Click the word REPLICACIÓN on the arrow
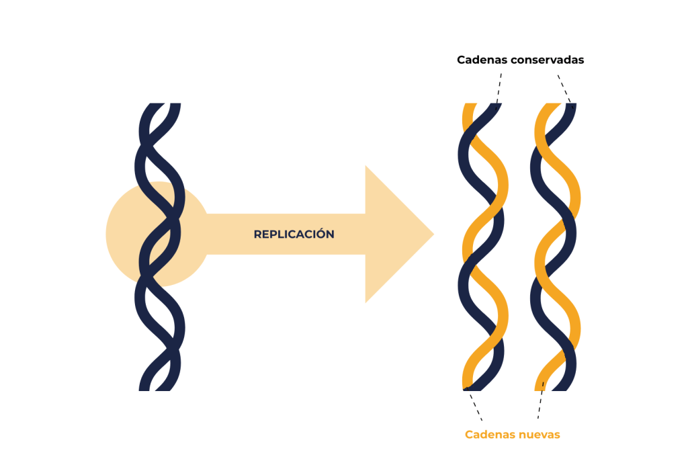[x=294, y=234]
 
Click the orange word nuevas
[x=538, y=435]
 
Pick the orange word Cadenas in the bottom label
[x=488, y=435]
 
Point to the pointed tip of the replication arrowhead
[x=433, y=234]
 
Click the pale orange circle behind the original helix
[x=121, y=235]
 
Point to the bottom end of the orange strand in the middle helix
[x=466, y=386]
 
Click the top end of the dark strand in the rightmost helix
[x=571, y=107]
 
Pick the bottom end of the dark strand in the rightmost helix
[x=570, y=386]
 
